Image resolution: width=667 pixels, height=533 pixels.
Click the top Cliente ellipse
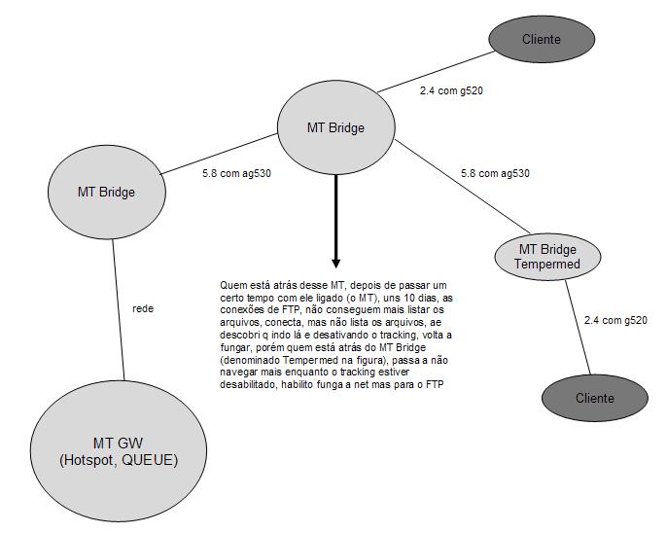[542, 39]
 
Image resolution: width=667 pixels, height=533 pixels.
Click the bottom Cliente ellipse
[594, 398]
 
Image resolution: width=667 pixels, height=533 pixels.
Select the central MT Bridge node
[335, 127]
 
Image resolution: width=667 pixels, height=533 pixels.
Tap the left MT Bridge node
[106, 191]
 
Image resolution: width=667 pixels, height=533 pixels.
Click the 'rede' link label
[144, 308]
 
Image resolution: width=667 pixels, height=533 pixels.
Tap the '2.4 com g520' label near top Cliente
[451, 90]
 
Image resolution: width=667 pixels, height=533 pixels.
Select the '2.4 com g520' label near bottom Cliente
[614, 320]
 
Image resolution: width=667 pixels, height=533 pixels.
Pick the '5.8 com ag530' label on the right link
[495, 174]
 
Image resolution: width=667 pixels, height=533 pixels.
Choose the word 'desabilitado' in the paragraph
[251, 385]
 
